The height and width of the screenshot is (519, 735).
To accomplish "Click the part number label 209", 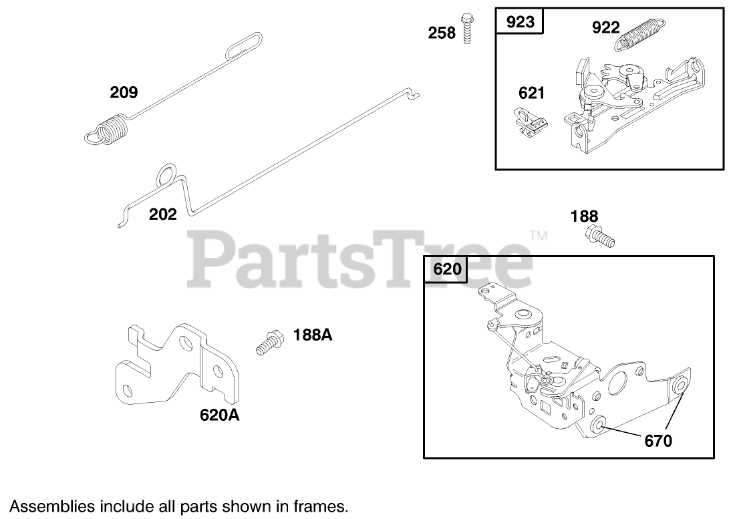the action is tap(124, 92).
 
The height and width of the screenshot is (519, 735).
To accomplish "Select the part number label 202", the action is tap(163, 214).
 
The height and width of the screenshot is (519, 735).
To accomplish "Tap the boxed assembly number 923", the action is tap(521, 22).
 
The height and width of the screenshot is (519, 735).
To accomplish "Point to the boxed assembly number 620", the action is tap(447, 270).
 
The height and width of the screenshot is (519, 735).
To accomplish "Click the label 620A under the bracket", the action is tap(220, 415).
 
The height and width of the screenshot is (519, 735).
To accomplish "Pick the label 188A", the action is tap(312, 335).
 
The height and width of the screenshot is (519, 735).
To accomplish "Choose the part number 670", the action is tap(658, 440).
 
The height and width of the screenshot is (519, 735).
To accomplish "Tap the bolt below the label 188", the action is tap(600, 236).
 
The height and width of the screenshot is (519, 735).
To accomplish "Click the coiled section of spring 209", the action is tap(114, 128).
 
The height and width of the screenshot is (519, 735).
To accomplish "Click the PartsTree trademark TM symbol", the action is tap(538, 236).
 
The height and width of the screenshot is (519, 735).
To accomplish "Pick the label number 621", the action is tap(532, 93).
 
